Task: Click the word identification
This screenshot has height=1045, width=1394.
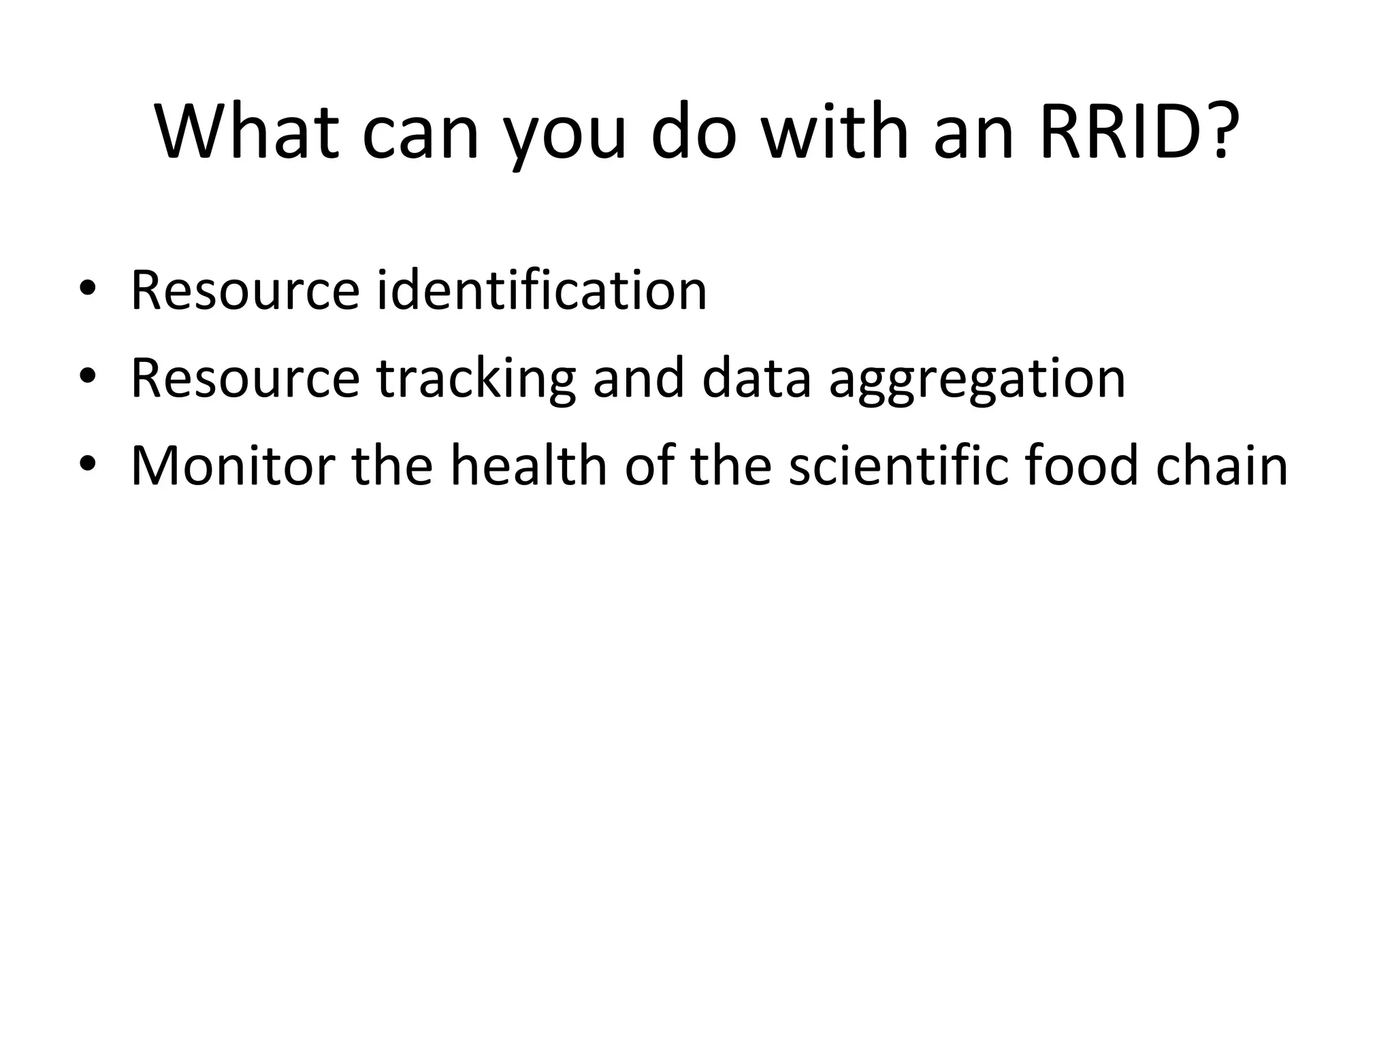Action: point(542,291)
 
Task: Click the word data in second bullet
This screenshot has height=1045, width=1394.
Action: point(756,378)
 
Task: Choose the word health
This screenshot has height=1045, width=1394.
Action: point(528,465)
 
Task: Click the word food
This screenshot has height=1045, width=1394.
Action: point(1082,465)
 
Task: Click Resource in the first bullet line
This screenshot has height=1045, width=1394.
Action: point(245,291)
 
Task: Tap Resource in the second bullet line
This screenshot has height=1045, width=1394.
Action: point(245,379)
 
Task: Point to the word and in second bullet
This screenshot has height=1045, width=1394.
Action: point(638,378)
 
